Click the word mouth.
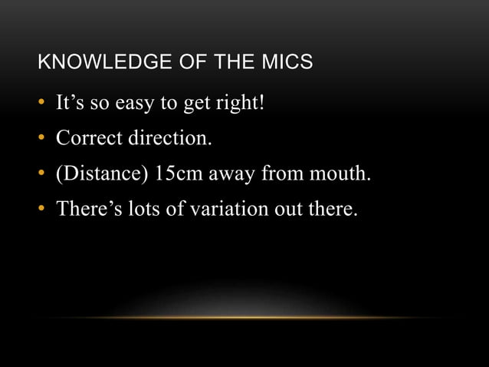pos(340,174)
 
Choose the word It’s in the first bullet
pos(71,103)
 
